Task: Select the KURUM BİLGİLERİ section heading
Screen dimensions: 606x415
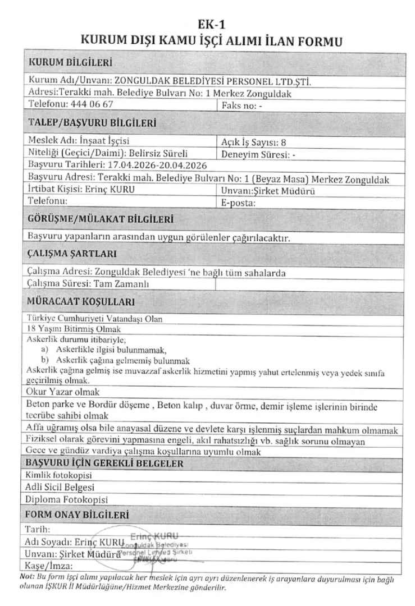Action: (70, 62)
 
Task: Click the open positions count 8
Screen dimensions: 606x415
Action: (284, 141)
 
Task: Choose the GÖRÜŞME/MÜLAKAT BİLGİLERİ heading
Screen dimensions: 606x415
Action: (101, 218)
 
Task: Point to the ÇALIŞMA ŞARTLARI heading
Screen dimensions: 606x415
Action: (72, 255)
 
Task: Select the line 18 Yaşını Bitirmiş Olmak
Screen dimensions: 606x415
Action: (74, 329)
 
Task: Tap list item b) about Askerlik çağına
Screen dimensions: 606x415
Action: (118, 360)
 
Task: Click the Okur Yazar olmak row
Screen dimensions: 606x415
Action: (62, 391)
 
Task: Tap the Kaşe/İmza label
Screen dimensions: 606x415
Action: (47, 564)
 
